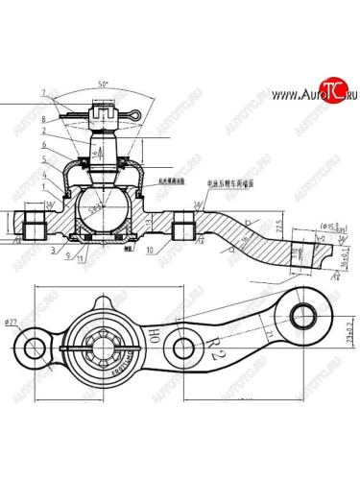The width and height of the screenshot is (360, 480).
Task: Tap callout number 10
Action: [152, 252]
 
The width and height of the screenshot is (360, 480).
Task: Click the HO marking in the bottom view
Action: [154, 334]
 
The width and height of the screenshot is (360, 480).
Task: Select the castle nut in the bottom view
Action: [103, 342]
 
